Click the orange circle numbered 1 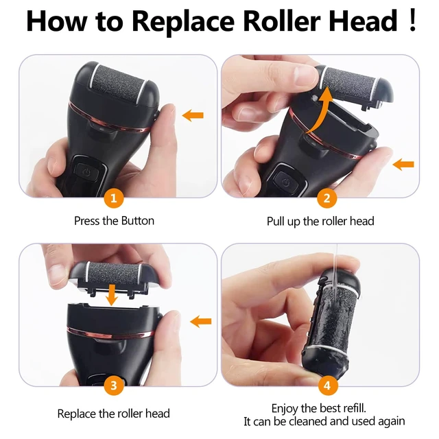click(x=113, y=198)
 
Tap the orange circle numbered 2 click(x=327, y=198)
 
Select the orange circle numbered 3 click(x=113, y=385)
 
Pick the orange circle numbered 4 click(x=327, y=385)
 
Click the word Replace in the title click(x=183, y=21)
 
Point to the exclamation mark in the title click(x=412, y=20)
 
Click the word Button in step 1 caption click(x=137, y=221)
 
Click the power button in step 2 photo click(x=285, y=182)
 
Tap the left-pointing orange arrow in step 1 click(x=193, y=115)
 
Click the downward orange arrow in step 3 click(x=112, y=295)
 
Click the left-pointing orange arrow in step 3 click(x=200, y=321)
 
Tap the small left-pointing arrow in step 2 click(x=403, y=164)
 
